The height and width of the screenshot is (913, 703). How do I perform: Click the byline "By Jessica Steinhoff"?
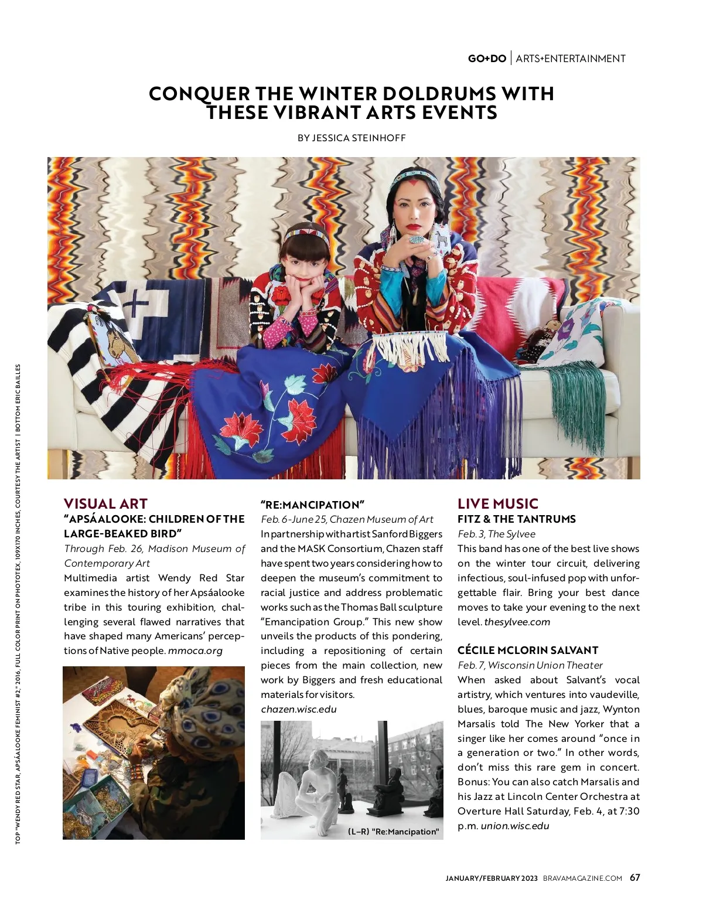tap(351, 138)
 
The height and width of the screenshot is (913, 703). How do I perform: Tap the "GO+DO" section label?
tap(487, 59)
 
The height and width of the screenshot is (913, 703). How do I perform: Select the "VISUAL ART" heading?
tap(105, 504)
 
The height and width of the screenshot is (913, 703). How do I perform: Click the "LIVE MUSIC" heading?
tap(498, 504)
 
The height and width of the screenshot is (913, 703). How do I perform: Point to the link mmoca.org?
tap(196, 650)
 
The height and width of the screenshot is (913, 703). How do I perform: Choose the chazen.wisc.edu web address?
tap(299, 709)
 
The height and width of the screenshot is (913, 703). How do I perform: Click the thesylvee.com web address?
tap(517, 622)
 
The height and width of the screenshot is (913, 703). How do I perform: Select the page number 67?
tap(635, 877)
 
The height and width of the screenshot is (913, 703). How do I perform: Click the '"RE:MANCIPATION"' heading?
tap(313, 505)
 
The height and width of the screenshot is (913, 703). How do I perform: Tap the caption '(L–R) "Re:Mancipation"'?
tap(393, 832)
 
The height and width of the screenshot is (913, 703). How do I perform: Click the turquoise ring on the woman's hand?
tap(417, 240)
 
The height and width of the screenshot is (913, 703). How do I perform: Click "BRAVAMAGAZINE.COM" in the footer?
tap(582, 878)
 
